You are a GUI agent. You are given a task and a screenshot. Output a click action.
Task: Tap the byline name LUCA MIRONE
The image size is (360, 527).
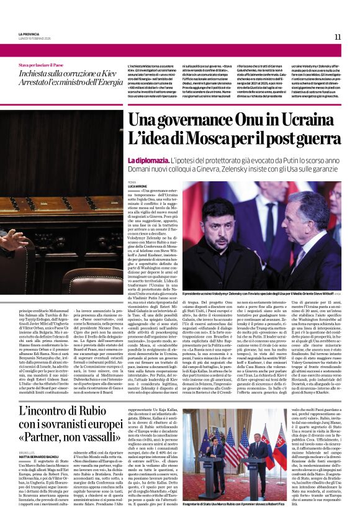click(138, 186)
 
